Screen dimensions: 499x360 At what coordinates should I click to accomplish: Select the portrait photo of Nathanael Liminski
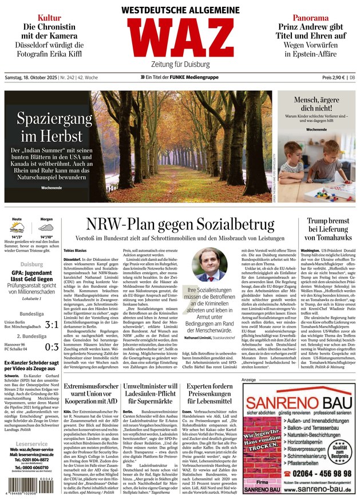point(209,265)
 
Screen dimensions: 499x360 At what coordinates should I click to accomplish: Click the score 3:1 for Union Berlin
point(52,324)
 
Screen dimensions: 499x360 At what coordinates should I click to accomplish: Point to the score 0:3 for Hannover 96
point(52,347)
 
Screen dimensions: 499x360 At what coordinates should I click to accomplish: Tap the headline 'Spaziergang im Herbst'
point(54,127)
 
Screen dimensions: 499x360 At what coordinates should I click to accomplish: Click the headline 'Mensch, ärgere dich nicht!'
point(316,105)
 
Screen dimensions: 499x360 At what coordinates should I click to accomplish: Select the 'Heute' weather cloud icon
point(17,227)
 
